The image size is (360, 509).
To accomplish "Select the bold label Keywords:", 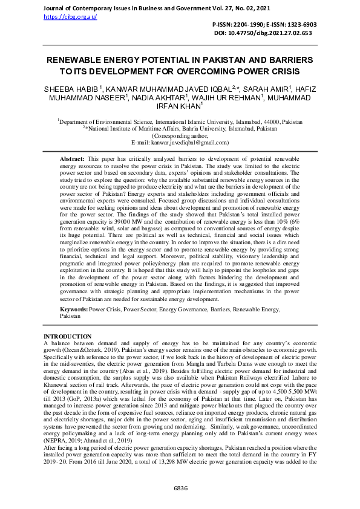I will (x=74, y=309).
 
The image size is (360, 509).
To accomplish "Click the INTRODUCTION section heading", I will (x=68, y=336).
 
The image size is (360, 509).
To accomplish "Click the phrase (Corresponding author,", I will (x=180, y=136).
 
